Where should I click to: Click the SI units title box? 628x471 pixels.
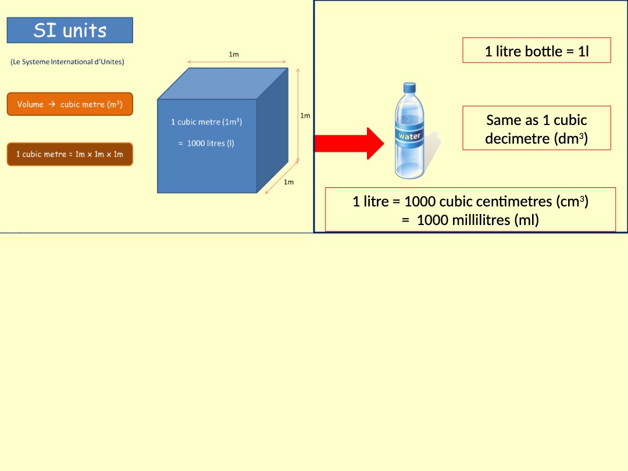click(70, 30)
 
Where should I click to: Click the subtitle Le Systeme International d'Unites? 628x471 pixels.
click(67, 62)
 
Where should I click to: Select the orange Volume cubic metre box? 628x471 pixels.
click(70, 104)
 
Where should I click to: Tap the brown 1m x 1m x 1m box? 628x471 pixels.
click(70, 154)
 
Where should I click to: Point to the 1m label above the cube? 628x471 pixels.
click(234, 54)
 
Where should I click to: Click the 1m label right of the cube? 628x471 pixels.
click(305, 116)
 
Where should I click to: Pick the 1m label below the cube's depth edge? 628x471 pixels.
click(288, 182)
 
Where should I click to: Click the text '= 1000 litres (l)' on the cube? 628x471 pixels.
click(206, 143)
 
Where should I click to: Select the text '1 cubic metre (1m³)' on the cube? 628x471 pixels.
click(206, 122)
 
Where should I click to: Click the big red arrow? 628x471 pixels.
click(349, 143)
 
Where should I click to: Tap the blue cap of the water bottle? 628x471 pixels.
click(409, 88)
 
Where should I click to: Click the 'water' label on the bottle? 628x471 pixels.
click(409, 136)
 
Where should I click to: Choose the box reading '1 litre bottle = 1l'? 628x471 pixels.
click(537, 51)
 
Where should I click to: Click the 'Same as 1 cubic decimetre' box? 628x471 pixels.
click(537, 128)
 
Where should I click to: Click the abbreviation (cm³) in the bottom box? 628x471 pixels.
click(573, 201)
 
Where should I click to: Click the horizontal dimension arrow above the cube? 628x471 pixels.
click(237, 62)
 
